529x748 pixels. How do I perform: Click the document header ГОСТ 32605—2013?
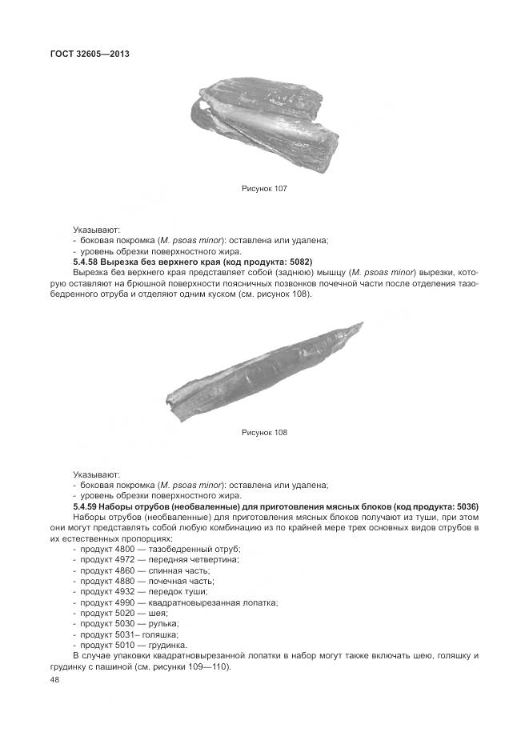pos(90,54)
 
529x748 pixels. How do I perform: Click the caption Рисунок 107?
pos(264,189)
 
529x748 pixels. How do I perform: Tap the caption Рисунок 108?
pos(264,433)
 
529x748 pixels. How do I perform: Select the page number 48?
pos(54,679)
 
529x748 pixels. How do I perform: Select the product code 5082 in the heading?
pos(297,262)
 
